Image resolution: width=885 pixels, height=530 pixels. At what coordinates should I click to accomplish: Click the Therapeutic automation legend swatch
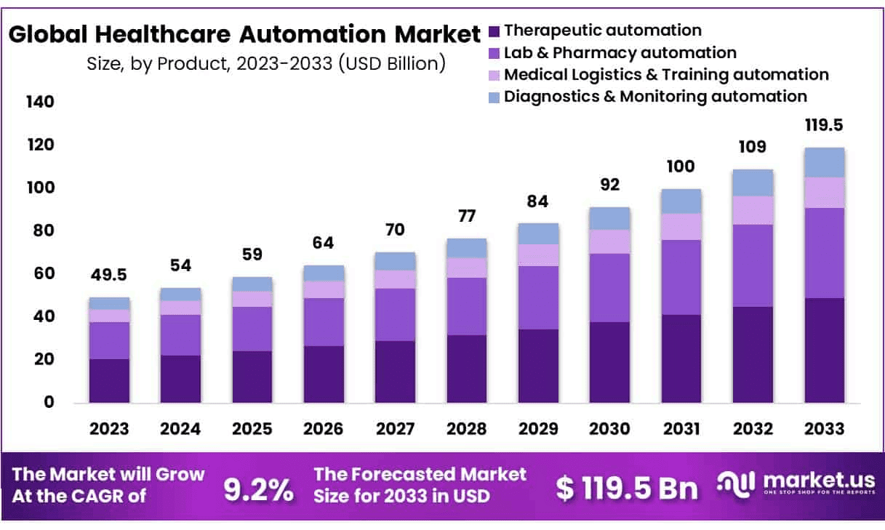point(494,31)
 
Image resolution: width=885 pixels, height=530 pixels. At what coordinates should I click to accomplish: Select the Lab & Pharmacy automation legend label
point(620,52)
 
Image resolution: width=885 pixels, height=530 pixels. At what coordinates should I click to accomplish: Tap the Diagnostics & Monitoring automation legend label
point(655,96)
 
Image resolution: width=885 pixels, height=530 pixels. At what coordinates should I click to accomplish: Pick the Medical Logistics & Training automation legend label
point(666,74)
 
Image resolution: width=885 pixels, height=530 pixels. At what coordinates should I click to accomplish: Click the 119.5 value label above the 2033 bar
point(824,125)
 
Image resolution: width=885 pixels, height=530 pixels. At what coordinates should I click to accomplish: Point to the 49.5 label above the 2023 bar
point(109,276)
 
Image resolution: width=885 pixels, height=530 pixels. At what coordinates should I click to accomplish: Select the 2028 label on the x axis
point(466,429)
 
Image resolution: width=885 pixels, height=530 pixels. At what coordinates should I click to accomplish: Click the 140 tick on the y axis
point(39,102)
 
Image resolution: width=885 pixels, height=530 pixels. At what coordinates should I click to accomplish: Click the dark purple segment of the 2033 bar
point(824,350)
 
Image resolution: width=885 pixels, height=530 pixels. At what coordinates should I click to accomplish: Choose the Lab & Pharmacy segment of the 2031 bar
point(681,277)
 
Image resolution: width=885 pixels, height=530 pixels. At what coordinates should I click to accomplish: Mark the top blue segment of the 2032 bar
point(753,182)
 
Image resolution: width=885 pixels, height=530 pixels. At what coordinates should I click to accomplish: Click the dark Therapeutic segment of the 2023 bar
point(109,380)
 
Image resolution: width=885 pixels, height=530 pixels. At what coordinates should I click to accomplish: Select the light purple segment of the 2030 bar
point(609,241)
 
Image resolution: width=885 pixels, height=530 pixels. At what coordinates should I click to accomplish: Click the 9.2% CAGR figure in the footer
point(258,491)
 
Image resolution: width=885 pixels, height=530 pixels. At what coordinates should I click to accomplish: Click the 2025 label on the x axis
point(252,429)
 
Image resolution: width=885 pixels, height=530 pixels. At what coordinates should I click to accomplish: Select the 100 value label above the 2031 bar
point(681,166)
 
